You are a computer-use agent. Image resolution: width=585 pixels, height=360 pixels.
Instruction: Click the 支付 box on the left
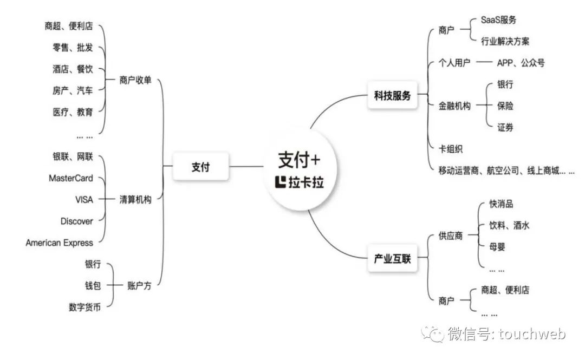[200, 167]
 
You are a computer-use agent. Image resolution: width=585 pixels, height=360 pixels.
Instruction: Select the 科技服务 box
[393, 96]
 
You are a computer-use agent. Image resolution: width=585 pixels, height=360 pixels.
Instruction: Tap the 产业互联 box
[393, 259]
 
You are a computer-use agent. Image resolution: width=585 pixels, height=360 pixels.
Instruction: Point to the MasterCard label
[70, 178]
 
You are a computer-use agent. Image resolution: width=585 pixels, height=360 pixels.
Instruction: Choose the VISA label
[84, 200]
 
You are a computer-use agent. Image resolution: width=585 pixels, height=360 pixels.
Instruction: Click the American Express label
[59, 243]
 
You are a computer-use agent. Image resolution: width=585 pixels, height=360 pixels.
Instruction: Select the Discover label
[76, 221]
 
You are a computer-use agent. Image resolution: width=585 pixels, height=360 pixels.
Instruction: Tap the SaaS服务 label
[498, 20]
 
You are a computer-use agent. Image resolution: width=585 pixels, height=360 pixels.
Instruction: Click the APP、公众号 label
[521, 63]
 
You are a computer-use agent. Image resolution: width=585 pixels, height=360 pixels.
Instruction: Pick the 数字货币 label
[84, 307]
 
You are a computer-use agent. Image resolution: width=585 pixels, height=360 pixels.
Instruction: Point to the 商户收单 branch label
[135, 81]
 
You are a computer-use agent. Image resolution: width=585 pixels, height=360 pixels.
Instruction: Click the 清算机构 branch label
[135, 200]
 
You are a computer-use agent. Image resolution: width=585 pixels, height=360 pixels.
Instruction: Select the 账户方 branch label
[139, 286]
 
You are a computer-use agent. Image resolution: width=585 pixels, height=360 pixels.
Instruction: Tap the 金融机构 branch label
[454, 106]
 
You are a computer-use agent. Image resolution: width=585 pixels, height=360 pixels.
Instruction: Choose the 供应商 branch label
[451, 237]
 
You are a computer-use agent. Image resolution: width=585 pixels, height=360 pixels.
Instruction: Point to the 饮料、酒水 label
[509, 226]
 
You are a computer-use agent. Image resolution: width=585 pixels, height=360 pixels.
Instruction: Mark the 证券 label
[505, 128]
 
